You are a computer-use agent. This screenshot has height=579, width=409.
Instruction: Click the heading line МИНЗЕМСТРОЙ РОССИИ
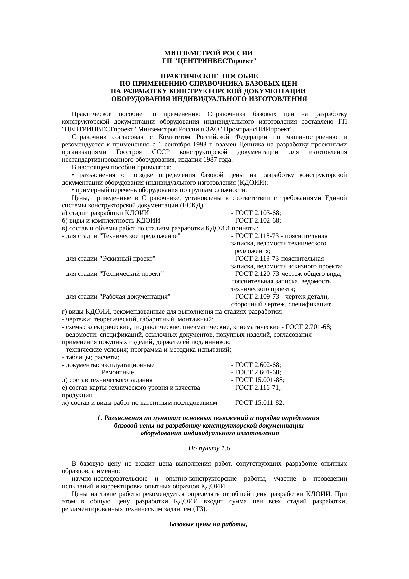pyautogui.click(x=208, y=53)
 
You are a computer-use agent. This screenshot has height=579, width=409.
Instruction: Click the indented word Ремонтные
pyautogui.click(x=118, y=372)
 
